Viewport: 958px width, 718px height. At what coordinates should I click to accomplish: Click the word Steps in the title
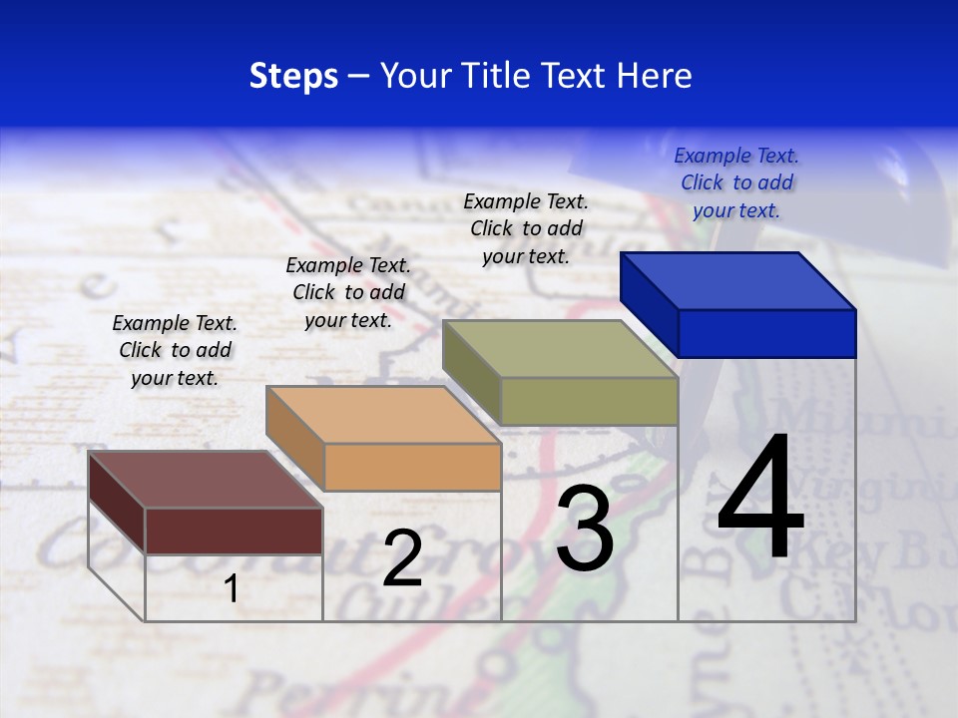pyautogui.click(x=293, y=76)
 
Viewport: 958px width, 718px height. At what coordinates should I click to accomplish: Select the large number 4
pyautogui.click(x=760, y=499)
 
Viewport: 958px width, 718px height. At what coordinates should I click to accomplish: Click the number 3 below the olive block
pyautogui.click(x=585, y=529)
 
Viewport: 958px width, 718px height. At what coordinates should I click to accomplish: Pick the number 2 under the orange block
pyautogui.click(x=402, y=558)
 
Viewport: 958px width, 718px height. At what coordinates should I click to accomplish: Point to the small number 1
pyautogui.click(x=232, y=588)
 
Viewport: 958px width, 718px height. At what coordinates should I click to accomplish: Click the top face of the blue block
pyautogui.click(x=738, y=280)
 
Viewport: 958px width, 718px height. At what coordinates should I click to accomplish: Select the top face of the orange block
pyautogui.click(x=383, y=415)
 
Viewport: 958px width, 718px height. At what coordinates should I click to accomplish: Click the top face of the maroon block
pyautogui.click(x=206, y=480)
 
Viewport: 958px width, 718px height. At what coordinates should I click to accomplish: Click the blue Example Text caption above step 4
pyautogui.click(x=736, y=182)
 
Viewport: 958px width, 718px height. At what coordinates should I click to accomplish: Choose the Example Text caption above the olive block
pyautogui.click(x=526, y=228)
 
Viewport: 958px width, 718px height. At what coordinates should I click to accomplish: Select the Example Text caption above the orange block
pyautogui.click(x=348, y=292)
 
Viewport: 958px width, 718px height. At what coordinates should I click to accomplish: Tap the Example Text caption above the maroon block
pyautogui.click(x=175, y=350)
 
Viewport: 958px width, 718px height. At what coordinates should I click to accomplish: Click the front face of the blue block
pyautogui.click(x=766, y=333)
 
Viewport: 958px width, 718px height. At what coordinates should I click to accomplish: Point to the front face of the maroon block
pyautogui.click(x=234, y=531)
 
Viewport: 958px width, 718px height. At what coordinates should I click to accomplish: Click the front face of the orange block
pyautogui.click(x=412, y=467)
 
